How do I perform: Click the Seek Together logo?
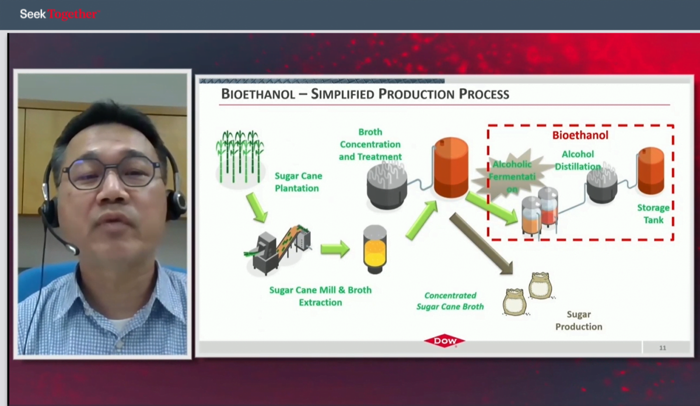coord(60,14)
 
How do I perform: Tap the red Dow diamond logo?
coord(444,341)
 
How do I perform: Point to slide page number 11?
coord(663,348)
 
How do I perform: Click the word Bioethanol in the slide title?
coord(258,94)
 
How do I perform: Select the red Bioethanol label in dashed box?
coord(580,135)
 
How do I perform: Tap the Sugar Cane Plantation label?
coord(298,182)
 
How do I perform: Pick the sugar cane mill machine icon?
coord(278,249)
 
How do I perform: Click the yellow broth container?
coord(374,249)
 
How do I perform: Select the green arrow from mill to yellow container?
coord(335,249)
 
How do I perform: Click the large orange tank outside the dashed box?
coord(451,168)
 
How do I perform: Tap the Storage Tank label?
coord(653,214)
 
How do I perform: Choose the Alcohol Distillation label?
coord(578,160)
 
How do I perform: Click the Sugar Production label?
coord(579,320)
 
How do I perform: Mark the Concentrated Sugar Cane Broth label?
coord(450,301)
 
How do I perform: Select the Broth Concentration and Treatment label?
coord(370,144)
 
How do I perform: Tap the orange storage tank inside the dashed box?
coord(651,171)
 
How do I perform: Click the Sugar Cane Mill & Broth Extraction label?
coord(320,296)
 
